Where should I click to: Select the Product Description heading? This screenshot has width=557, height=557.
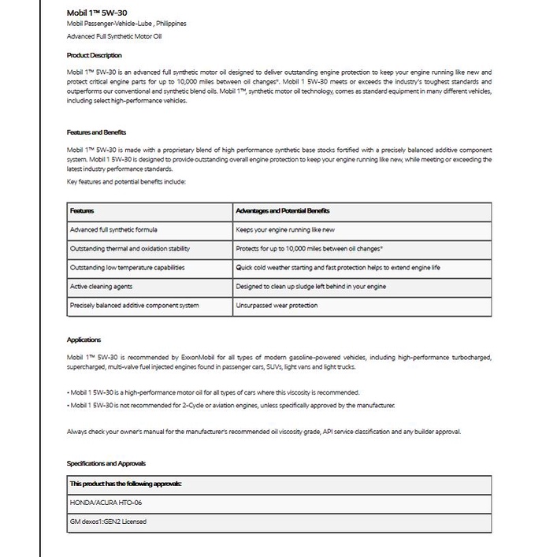click(x=95, y=55)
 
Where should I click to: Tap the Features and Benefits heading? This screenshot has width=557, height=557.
click(x=96, y=132)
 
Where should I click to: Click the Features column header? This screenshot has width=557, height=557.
click(x=82, y=211)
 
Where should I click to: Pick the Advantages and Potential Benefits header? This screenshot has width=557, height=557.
click(x=283, y=211)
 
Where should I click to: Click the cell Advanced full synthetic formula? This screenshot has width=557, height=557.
click(x=113, y=230)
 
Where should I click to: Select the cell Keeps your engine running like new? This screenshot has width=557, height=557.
click(x=285, y=230)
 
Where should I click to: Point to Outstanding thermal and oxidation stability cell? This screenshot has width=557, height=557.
click(x=129, y=249)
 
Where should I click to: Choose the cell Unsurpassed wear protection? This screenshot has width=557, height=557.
click(x=277, y=306)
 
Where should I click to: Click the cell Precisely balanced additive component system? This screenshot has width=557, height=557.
click(x=134, y=306)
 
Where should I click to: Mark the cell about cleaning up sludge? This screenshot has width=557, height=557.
click(x=310, y=287)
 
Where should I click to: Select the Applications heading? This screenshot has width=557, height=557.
click(x=84, y=340)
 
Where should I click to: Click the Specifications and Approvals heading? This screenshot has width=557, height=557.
click(x=106, y=463)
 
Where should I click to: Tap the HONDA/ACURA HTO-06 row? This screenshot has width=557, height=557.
click(x=106, y=502)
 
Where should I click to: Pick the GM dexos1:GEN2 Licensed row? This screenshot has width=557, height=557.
click(x=108, y=521)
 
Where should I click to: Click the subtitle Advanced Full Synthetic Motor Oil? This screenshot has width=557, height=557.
click(x=115, y=36)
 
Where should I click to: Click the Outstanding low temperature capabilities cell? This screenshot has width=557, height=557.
click(x=127, y=268)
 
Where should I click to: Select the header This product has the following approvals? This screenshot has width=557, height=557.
click(x=126, y=483)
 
